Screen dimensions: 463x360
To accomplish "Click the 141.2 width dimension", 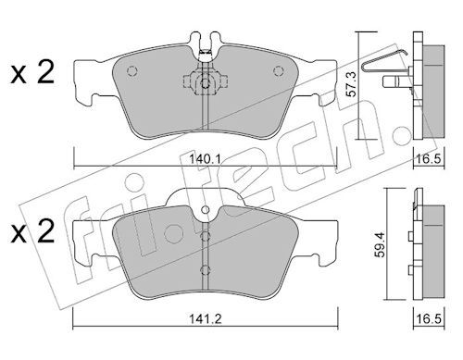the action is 206,318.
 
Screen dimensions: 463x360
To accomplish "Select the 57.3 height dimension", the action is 351,84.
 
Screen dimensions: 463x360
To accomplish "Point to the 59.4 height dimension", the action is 381,244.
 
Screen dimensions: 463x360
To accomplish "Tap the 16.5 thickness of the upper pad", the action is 430,159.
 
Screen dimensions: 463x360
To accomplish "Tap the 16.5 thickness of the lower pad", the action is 430,318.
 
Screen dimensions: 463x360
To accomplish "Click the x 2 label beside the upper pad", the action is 32,73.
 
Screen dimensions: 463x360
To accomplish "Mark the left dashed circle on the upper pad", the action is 131,71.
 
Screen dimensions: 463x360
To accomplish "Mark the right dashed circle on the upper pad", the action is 279,71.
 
